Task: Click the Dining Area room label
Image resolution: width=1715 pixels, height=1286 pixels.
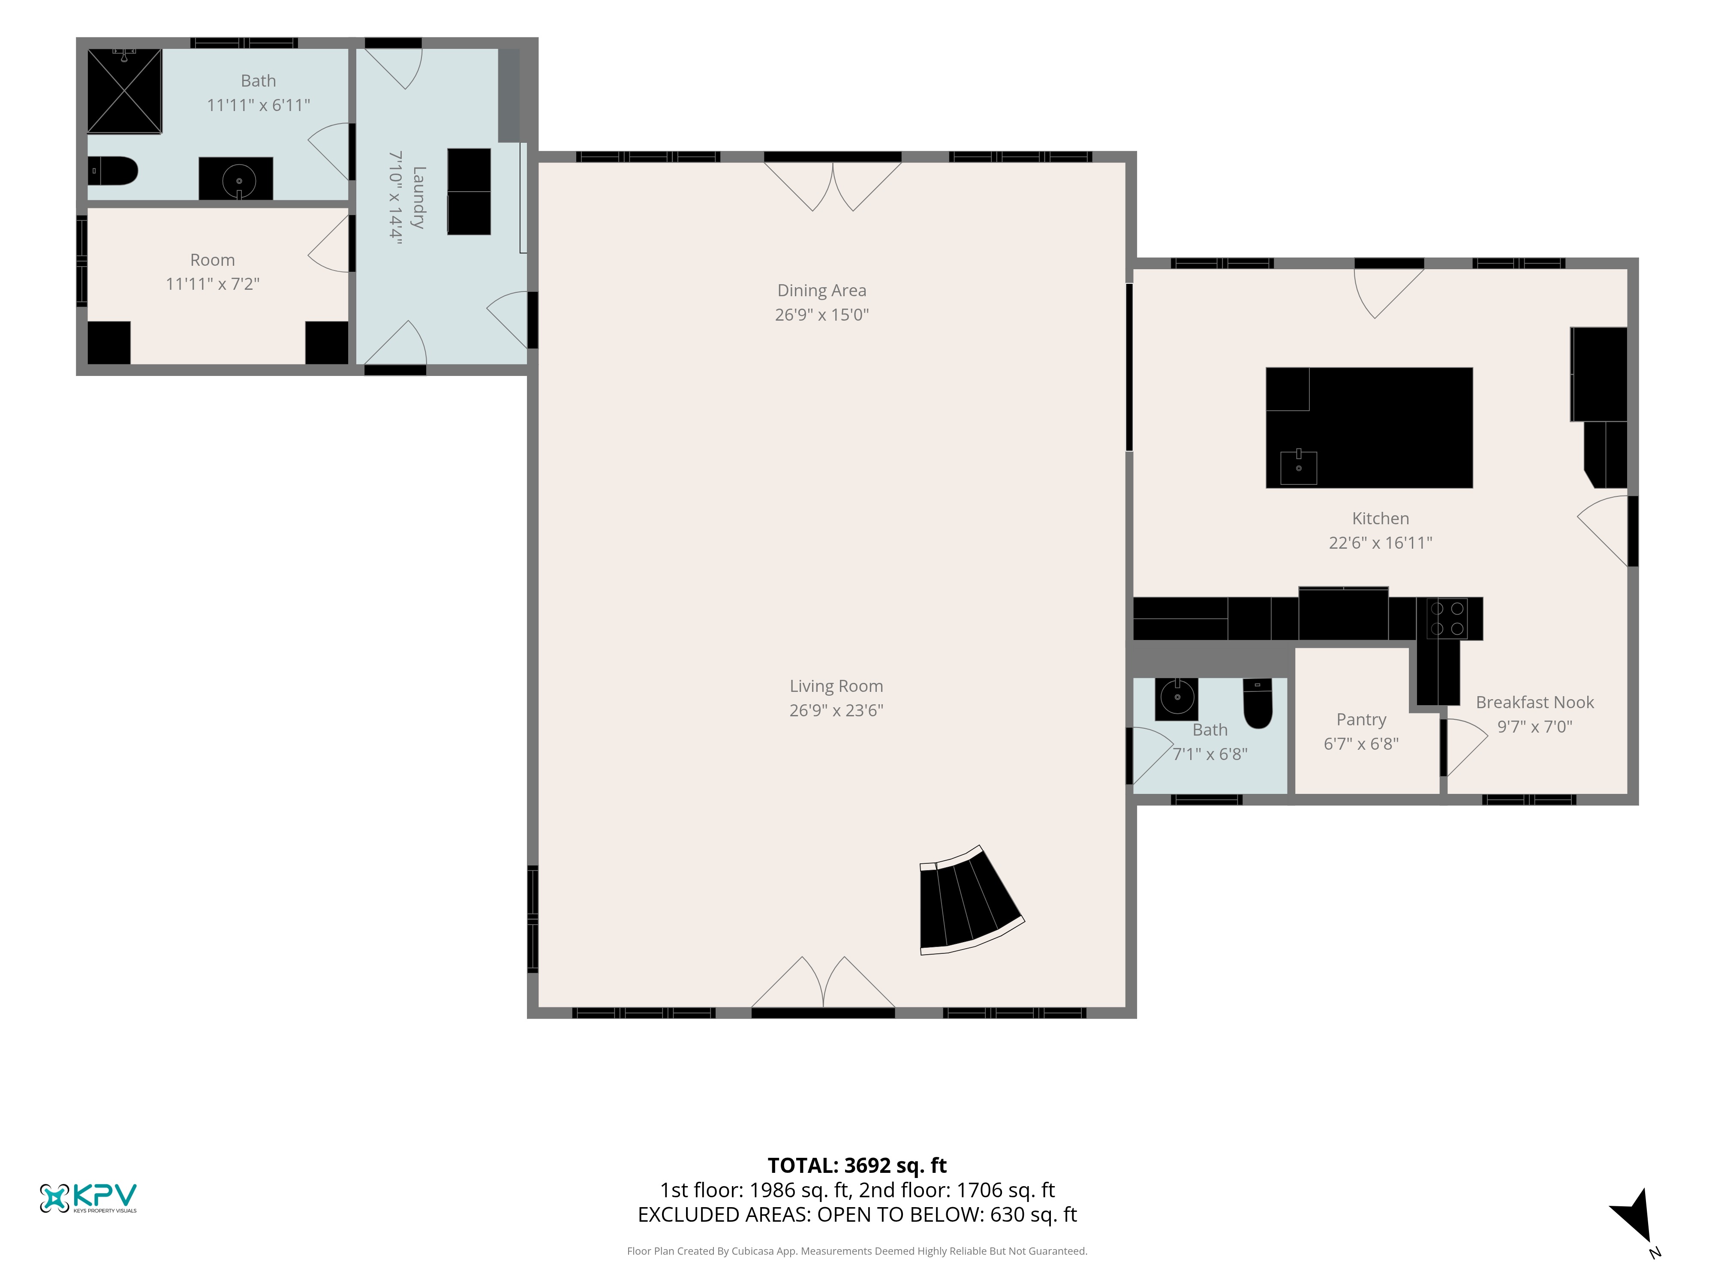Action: click(x=822, y=291)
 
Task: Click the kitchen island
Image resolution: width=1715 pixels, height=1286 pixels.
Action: click(x=1369, y=428)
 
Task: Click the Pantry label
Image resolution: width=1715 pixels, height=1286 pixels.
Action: click(x=1361, y=720)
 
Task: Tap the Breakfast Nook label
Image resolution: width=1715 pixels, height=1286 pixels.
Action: click(x=1535, y=702)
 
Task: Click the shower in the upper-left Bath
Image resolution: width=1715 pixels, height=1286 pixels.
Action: click(x=124, y=91)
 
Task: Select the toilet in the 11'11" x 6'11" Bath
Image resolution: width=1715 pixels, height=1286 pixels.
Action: click(x=112, y=171)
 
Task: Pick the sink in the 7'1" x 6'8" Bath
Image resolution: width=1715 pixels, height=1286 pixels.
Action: click(x=1177, y=697)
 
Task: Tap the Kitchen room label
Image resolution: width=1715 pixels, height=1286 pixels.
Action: click(x=1381, y=519)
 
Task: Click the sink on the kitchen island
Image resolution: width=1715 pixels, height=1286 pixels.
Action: click(x=1299, y=467)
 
